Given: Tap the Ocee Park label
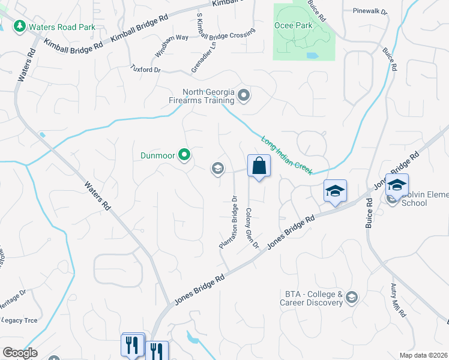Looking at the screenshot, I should tap(294, 25).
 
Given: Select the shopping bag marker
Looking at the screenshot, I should tap(259, 166).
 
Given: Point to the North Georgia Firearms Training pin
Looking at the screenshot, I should tap(244, 95).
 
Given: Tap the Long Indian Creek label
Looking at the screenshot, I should tap(286, 155).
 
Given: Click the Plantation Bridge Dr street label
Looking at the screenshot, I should tap(228, 222).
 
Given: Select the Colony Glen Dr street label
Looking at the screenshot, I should tap(252, 229).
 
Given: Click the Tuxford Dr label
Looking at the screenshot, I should tap(146, 70).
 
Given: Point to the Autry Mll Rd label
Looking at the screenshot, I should tap(398, 301).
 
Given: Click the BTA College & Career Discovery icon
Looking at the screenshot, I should tap(352, 298).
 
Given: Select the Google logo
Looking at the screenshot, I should tap(20, 353).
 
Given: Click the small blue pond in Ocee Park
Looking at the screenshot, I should tap(312, 55).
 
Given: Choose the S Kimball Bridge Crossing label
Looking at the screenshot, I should tap(227, 34).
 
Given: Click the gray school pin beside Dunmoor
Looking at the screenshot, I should tap(217, 169).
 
